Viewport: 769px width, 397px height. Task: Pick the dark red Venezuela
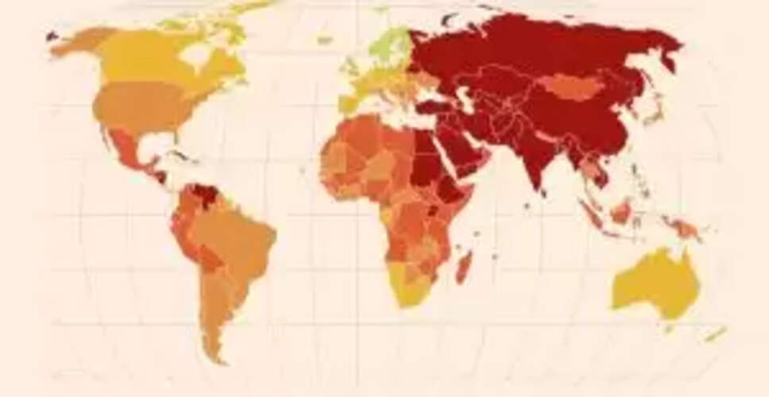[204, 195]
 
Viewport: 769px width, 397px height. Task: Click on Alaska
[79, 40]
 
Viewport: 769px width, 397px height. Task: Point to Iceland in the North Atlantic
[324, 39]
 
